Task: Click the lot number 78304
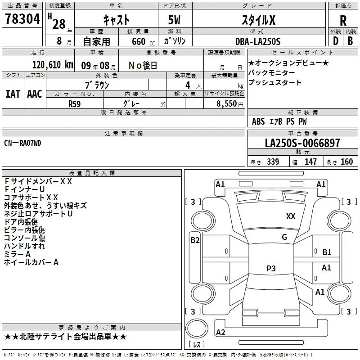[x=22, y=19]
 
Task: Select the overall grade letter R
[x=343, y=21]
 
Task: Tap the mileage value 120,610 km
[x=53, y=65]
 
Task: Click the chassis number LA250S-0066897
[x=302, y=143]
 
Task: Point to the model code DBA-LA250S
[x=258, y=41]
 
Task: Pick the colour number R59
[x=75, y=104]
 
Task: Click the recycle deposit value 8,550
[x=226, y=103]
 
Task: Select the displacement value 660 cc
[x=143, y=41]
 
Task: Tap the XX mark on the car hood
[x=291, y=216]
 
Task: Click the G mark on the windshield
[x=284, y=237]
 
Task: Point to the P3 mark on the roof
[x=271, y=268]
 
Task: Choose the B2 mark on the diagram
[x=195, y=240]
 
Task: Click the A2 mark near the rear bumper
[x=220, y=333]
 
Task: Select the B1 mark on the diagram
[x=327, y=252]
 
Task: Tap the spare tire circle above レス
[x=197, y=328]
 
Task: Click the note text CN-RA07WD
[x=22, y=143]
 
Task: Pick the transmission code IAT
[x=13, y=94]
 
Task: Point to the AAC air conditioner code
[x=35, y=94]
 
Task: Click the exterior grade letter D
[x=336, y=41]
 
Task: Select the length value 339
[x=273, y=162]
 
